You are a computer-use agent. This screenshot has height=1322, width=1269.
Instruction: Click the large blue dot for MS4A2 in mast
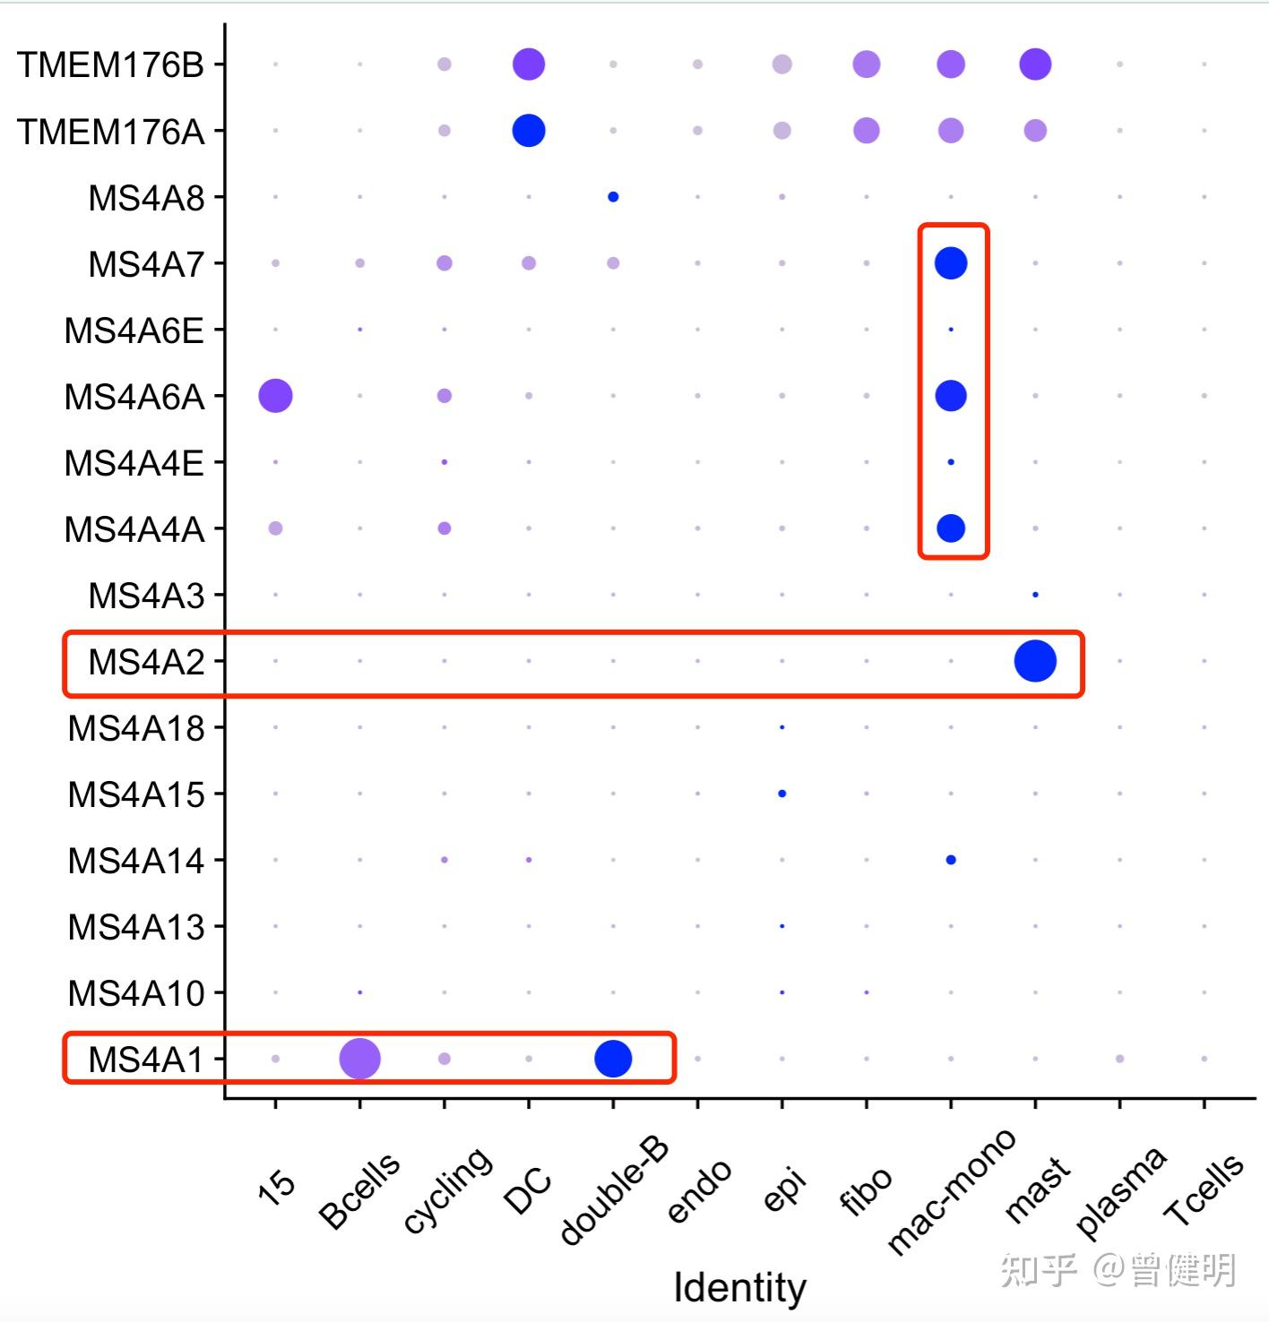(x=1035, y=661)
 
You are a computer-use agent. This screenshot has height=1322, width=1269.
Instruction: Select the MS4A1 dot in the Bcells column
(x=359, y=1059)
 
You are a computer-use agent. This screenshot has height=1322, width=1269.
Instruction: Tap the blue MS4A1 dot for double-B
(x=613, y=1059)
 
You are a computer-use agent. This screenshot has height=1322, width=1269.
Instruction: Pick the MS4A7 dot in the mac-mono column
(x=951, y=263)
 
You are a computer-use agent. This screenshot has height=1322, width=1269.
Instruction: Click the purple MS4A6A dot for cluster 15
(x=275, y=395)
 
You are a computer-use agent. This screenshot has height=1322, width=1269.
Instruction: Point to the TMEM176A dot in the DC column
(x=529, y=131)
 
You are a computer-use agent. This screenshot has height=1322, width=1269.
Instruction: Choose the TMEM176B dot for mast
(x=1035, y=64)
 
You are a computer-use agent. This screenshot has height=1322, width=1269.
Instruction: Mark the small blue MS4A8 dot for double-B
(x=613, y=197)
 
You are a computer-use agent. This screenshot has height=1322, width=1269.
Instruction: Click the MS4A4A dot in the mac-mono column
(x=951, y=528)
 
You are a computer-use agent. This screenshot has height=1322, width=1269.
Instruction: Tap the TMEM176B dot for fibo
(x=867, y=64)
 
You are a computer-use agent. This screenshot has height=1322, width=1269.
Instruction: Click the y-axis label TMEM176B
(x=110, y=65)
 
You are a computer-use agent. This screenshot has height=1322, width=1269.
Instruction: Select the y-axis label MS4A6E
(x=134, y=330)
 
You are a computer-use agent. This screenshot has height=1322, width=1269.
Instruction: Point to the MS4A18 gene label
(x=136, y=728)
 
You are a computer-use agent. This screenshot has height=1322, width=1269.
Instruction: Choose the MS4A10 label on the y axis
(x=136, y=993)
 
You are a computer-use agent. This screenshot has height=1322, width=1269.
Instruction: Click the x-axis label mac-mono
(x=951, y=1191)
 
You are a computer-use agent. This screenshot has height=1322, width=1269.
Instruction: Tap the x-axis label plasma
(x=1120, y=1191)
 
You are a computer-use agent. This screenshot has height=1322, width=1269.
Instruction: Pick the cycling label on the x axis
(x=447, y=1189)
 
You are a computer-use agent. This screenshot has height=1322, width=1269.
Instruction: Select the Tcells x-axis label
(x=1203, y=1189)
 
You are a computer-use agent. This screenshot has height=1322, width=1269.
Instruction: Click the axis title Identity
(x=739, y=1288)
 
